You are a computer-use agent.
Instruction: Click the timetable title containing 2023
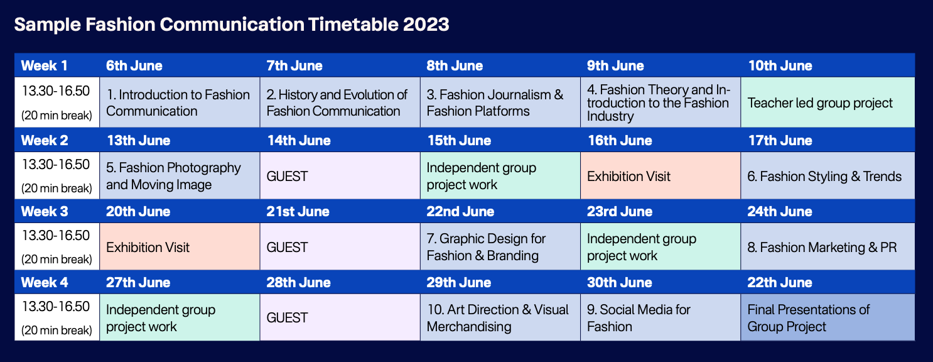[x=232, y=24]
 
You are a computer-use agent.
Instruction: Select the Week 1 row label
[x=44, y=65]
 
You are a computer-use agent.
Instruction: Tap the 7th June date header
[x=294, y=65]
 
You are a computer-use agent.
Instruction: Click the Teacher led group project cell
[x=828, y=102]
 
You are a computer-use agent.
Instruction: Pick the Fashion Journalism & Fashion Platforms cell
[x=500, y=102]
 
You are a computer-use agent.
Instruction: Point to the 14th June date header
[x=299, y=141]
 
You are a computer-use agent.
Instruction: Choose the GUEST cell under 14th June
[x=340, y=175]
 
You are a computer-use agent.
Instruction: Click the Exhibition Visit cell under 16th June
[x=660, y=175]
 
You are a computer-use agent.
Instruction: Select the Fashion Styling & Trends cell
[x=828, y=175]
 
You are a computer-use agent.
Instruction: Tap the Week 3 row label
[x=45, y=211]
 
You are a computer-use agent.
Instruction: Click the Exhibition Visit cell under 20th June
[x=180, y=246]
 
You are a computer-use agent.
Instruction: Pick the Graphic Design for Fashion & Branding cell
[x=500, y=246]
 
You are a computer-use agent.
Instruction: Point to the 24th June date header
[x=780, y=211]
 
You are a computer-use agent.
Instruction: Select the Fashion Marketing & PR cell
[x=828, y=246]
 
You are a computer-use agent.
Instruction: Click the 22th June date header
[x=780, y=282]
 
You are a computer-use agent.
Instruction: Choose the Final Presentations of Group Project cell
[x=828, y=317]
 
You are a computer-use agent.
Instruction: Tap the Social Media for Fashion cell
[x=660, y=317]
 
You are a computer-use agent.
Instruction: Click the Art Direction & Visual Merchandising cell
[x=500, y=317]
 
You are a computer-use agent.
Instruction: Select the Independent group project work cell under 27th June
[x=180, y=317]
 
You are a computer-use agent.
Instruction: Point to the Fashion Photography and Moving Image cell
[x=180, y=175]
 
